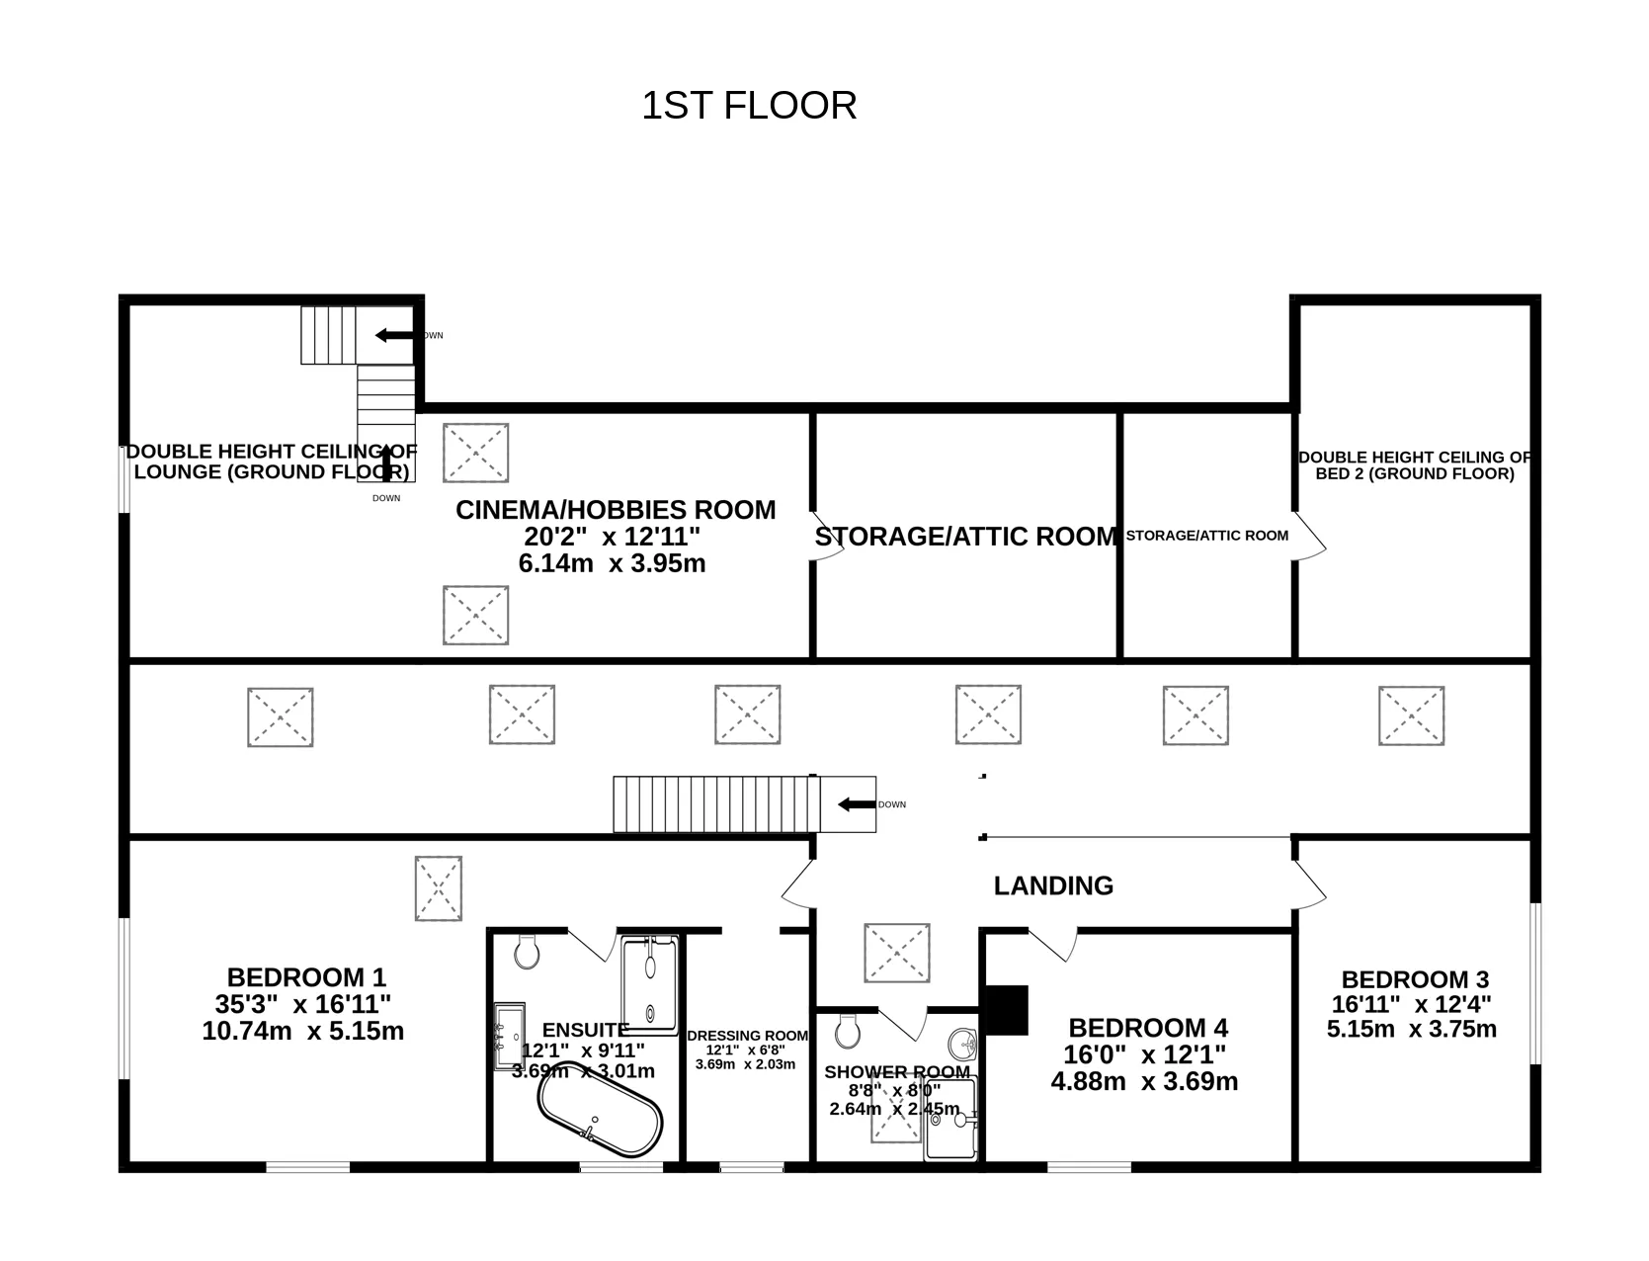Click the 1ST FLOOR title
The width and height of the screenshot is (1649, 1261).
749,105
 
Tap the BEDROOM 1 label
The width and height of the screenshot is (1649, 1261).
306,977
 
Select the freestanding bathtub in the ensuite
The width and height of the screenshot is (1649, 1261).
600,1109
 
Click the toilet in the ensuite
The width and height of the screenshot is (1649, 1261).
528,952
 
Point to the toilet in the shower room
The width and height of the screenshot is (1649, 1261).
848,1031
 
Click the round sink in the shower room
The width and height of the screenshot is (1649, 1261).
962,1044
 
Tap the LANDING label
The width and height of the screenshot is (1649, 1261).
1053,886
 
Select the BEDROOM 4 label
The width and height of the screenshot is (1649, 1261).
1148,1028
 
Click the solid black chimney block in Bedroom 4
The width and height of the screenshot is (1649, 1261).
1007,1010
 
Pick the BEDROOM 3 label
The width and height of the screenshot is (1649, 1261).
1416,979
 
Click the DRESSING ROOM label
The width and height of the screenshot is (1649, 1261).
748,1036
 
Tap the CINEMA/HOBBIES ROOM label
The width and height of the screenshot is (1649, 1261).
616,510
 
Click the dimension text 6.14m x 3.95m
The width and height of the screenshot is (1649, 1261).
613,563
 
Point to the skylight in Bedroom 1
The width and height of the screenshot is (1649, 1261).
439,888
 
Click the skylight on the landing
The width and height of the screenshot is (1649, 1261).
897,953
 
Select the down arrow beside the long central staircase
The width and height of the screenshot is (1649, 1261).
857,804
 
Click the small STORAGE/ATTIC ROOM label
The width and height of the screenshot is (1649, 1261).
1207,536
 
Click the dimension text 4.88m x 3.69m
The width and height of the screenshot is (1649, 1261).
1144,1081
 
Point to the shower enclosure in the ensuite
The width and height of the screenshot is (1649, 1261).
650,984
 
